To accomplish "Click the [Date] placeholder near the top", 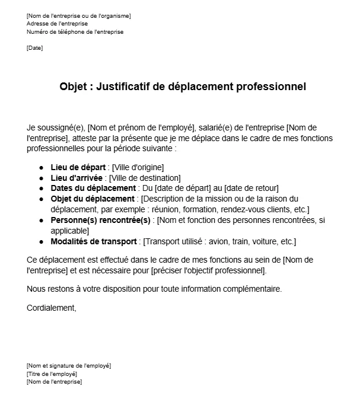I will tap(34, 48).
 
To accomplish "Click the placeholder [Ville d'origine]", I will tap(138, 167).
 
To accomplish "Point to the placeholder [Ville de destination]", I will tap(146, 177).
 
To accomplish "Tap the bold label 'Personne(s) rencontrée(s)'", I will tap(101, 220).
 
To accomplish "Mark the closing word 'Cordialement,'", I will tap(52, 308).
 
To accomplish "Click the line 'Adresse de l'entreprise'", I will tap(57, 24).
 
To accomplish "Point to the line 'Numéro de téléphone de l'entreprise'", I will tap(75, 32).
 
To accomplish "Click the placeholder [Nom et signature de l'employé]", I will tap(69, 365).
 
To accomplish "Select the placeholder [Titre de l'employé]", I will tap(52, 374).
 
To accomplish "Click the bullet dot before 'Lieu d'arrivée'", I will tap(42, 177).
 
